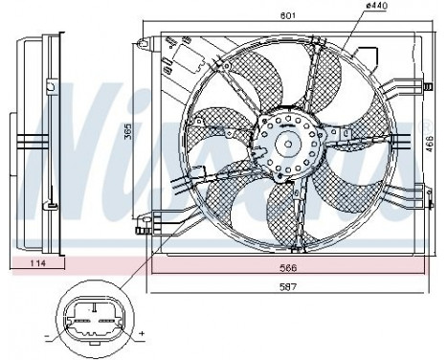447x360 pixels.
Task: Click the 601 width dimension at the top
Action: pos(283,13)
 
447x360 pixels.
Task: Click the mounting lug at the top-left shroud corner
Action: pos(144,42)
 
